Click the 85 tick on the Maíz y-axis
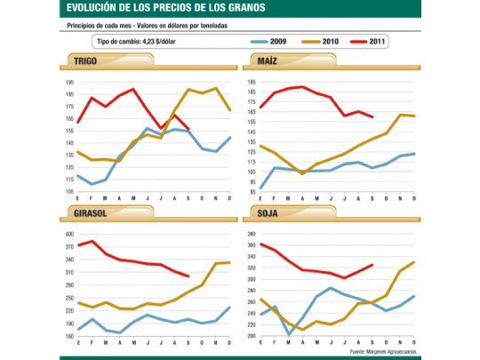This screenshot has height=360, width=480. (250, 191)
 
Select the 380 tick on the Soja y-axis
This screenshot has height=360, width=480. (250, 234)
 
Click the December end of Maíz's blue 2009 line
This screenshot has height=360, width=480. (414, 154)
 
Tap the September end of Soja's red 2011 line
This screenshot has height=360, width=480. (372, 265)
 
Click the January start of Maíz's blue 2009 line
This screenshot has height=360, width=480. (260, 188)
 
